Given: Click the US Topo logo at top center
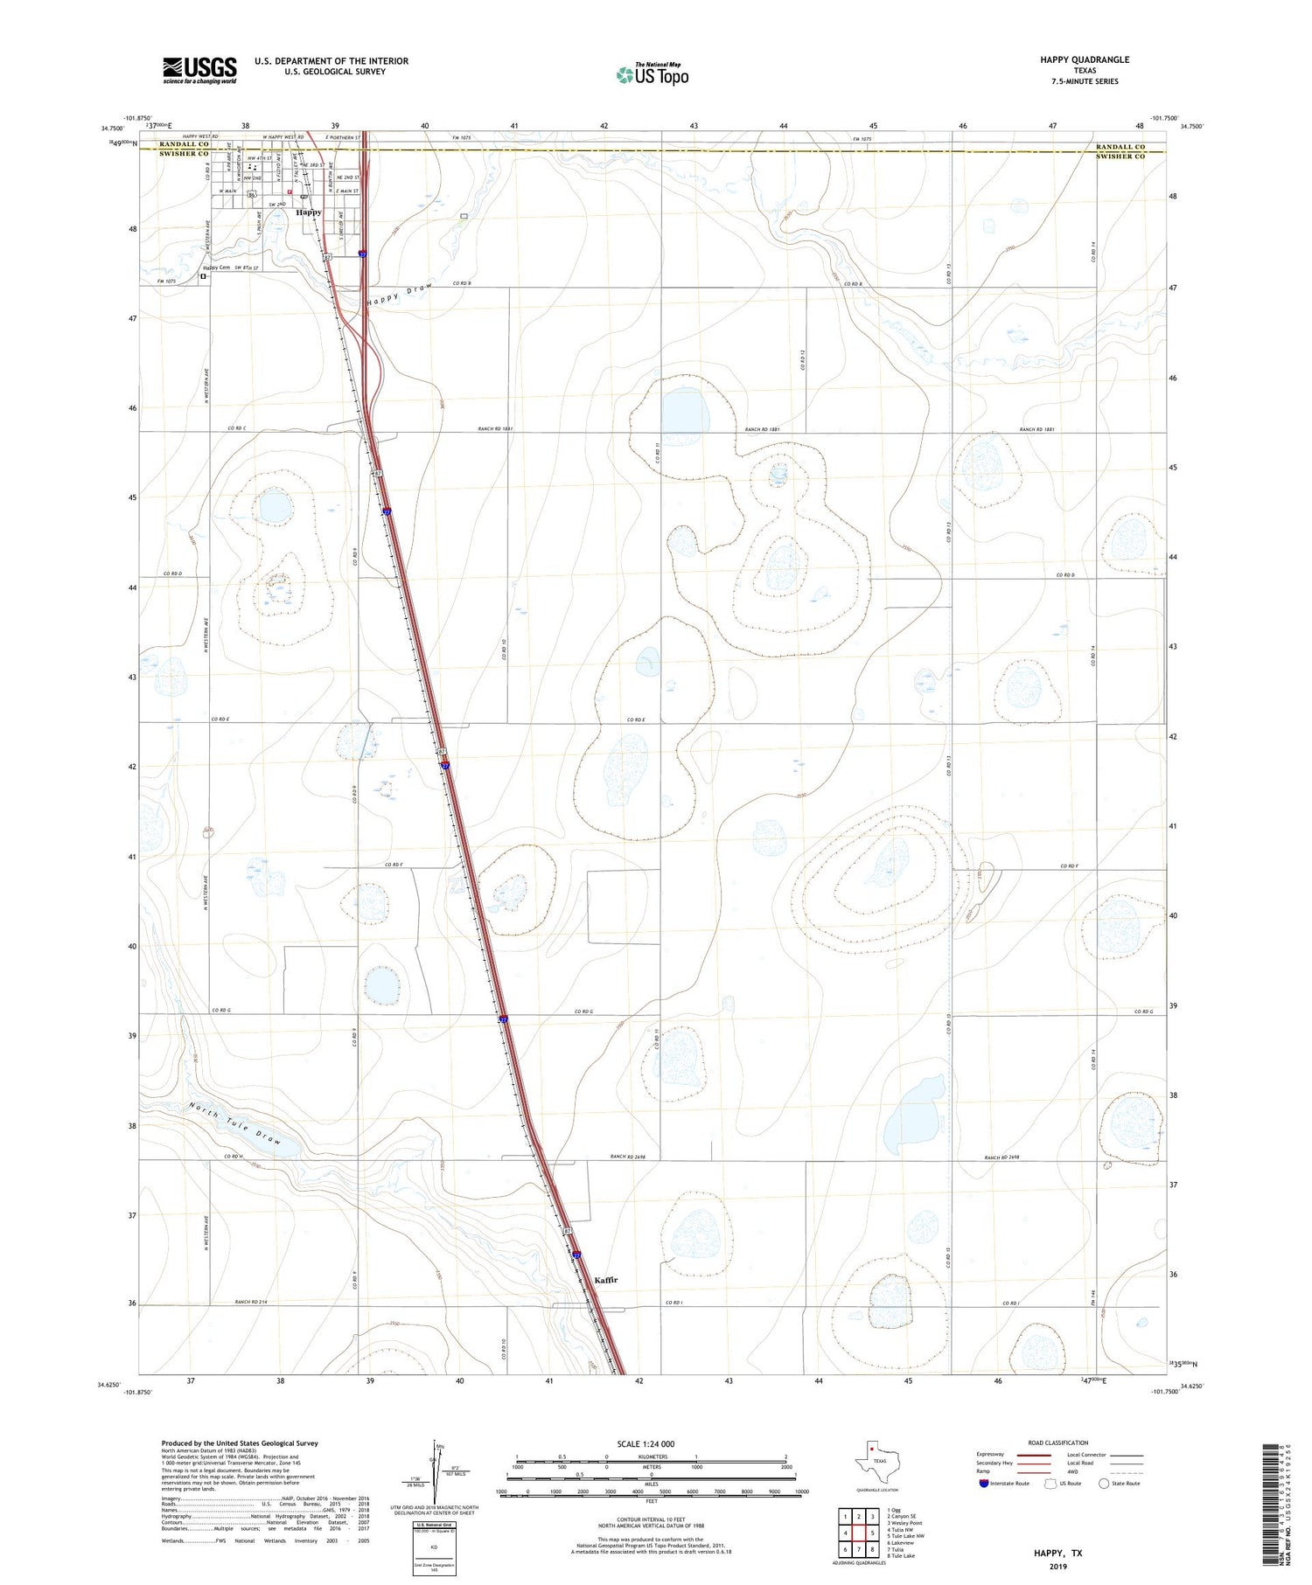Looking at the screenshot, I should pos(652,75).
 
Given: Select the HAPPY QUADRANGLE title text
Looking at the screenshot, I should pos(1072,59).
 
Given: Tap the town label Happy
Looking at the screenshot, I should pos(308,212).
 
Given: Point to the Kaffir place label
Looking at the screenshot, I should pos(605,1280).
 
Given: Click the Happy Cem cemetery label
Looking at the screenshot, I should pos(216,268).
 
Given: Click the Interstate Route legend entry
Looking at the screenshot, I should pos(1006,1484).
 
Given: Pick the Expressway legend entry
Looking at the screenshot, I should pos(994,1455).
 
